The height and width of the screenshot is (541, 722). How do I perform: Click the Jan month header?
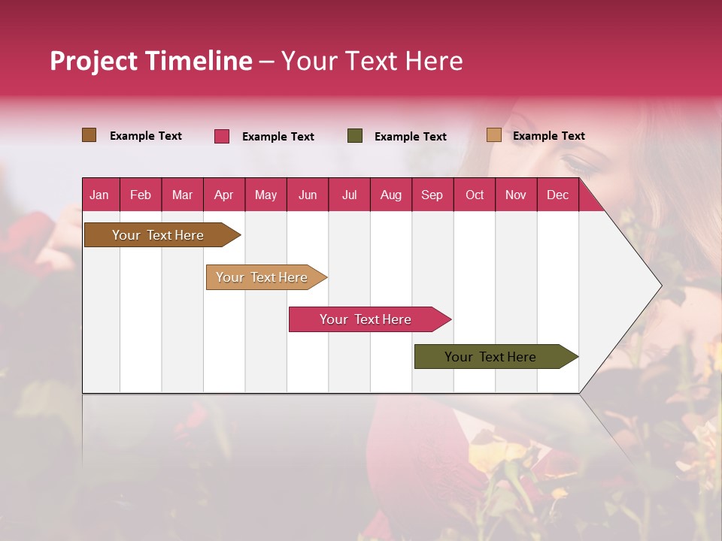coord(99,195)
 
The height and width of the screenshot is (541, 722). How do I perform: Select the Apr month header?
coord(223,195)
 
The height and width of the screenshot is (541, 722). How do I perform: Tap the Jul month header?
coord(349,195)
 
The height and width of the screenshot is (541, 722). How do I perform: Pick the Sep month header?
coord(432,195)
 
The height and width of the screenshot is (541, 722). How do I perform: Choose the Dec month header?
coord(557,195)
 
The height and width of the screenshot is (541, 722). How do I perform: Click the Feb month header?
coord(141,195)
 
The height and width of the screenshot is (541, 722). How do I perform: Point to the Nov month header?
coord(515,195)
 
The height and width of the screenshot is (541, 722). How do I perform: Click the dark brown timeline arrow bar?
coord(159,235)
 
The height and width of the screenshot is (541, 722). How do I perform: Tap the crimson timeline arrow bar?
coord(366,319)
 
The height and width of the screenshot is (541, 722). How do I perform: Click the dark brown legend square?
coord(89,135)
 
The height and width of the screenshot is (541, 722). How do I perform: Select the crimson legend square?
coord(222,136)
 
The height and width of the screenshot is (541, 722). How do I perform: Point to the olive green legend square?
coord(355,136)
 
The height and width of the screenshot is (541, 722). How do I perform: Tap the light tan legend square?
coord(494,135)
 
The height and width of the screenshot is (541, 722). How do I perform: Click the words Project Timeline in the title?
coord(150,61)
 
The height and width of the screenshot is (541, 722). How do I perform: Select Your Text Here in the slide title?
coord(372,61)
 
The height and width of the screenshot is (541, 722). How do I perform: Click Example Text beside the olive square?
coord(410,137)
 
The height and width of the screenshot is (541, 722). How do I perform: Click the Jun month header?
coord(308,195)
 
